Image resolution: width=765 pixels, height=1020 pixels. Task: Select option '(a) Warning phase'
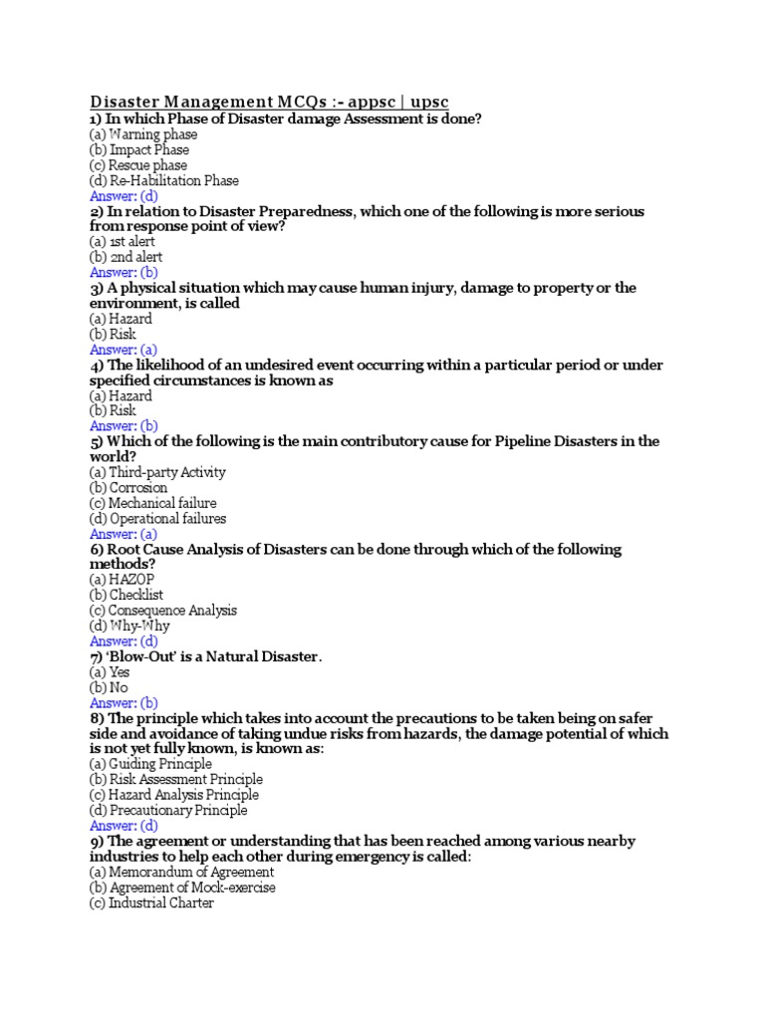(x=143, y=134)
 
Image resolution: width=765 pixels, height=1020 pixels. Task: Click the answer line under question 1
(x=124, y=196)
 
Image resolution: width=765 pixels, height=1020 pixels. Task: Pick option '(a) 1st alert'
(x=123, y=242)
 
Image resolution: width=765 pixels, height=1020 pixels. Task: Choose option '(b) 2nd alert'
(x=126, y=257)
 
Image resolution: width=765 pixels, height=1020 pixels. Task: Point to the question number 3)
(x=97, y=288)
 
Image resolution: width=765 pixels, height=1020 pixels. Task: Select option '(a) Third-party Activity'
(x=157, y=472)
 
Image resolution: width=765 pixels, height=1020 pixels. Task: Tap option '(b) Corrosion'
(x=128, y=488)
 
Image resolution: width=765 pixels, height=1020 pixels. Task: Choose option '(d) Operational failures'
(x=157, y=519)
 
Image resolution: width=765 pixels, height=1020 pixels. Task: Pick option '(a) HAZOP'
(x=122, y=580)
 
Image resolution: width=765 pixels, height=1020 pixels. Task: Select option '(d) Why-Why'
(x=129, y=626)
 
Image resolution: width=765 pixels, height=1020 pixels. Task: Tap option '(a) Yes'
(x=110, y=672)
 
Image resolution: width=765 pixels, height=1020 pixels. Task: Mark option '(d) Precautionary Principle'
(x=168, y=811)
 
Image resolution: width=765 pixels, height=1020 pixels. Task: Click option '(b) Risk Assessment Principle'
(x=176, y=780)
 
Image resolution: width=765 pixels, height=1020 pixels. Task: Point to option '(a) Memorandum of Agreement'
(x=181, y=873)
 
